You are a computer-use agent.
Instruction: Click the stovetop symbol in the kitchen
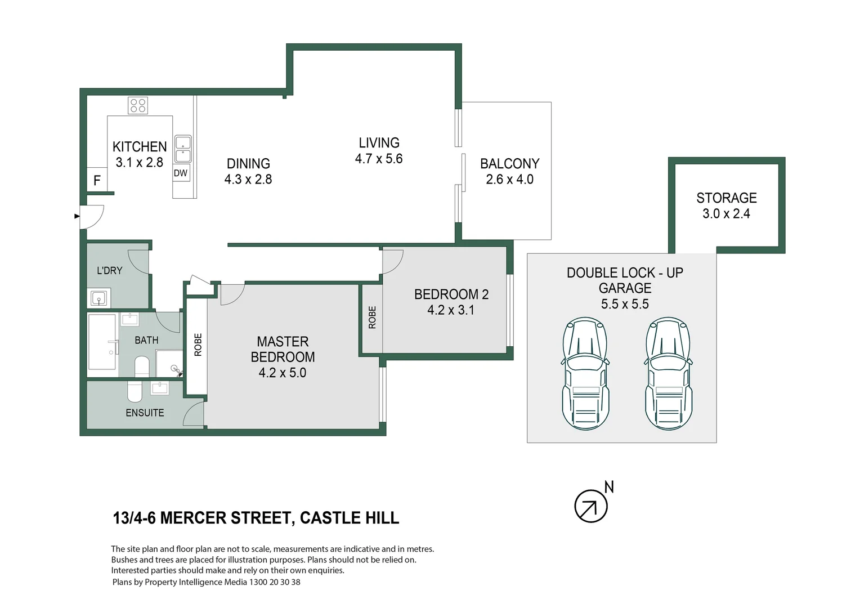coord(138,105)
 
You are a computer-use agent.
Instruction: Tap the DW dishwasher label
coord(181,173)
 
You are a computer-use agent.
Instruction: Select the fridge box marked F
coord(97,180)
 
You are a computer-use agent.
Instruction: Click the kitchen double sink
coord(183,149)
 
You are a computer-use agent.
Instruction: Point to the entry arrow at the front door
coord(77,216)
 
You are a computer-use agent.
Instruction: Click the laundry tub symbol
coord(98,298)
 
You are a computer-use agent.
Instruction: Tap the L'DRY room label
coord(109,271)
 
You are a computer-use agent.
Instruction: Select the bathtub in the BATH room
coord(102,342)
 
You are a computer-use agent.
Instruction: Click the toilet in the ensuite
coord(135,391)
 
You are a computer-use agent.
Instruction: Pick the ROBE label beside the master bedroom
coord(198,345)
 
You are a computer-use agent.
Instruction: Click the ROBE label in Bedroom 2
coord(372,318)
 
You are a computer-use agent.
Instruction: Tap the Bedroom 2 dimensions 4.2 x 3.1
coord(451,310)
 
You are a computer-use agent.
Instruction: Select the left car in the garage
coord(585,374)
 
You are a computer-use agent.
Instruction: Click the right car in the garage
coord(668,374)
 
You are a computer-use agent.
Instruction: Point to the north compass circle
coord(590,506)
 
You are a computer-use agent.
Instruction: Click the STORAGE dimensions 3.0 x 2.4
coord(726,214)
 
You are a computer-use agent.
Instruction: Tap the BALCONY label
coord(509,164)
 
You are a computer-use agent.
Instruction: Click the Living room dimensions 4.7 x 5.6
coord(379,159)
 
